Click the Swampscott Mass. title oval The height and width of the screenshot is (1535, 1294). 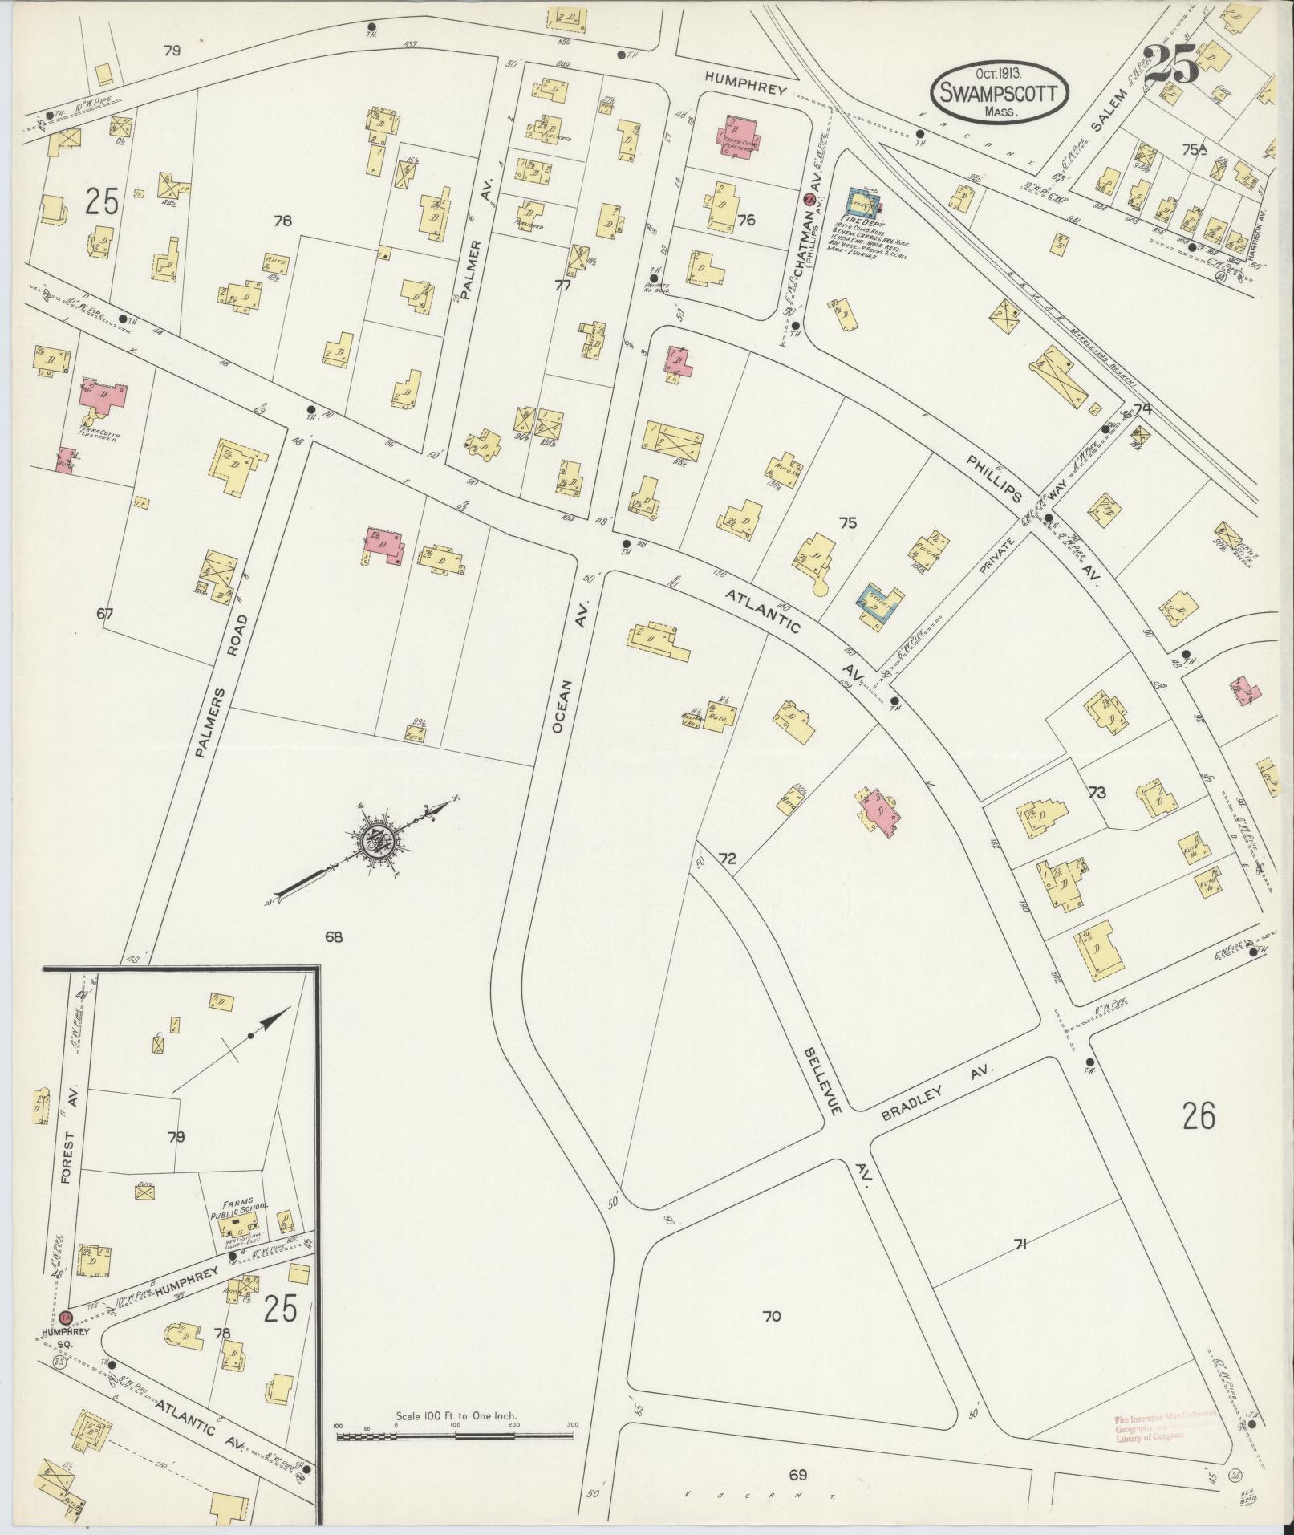(1000, 93)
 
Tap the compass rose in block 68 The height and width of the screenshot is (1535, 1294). (375, 843)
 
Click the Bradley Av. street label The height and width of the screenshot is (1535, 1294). (937, 1094)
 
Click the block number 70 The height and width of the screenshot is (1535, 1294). (771, 1317)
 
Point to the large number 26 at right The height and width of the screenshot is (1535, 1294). (1198, 1115)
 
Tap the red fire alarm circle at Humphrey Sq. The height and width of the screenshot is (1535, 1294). (65, 1318)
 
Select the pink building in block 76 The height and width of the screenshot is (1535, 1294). (737, 136)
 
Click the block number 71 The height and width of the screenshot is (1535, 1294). (1020, 1245)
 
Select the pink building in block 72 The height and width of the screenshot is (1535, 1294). (877, 811)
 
